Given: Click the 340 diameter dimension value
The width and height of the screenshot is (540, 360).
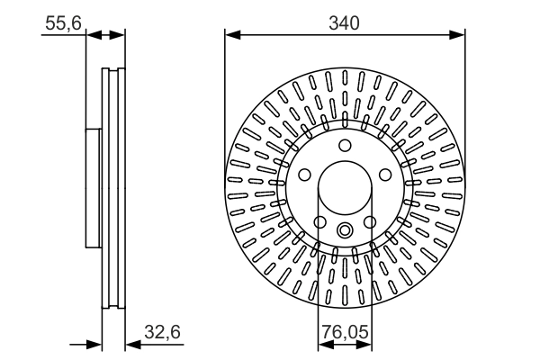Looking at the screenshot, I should click(x=345, y=23).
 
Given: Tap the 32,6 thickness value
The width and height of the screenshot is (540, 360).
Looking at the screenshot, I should click(x=163, y=332).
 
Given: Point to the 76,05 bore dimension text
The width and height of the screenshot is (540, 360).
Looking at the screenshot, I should click(x=345, y=332).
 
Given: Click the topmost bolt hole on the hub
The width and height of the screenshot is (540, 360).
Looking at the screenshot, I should click(x=345, y=146).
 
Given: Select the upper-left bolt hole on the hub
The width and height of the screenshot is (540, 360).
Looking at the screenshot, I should click(x=305, y=175).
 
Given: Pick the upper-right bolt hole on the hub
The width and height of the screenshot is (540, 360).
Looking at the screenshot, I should click(x=384, y=175).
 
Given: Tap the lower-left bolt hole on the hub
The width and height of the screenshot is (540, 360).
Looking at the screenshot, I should click(x=319, y=221).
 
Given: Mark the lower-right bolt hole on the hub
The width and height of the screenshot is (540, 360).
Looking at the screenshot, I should click(x=369, y=221).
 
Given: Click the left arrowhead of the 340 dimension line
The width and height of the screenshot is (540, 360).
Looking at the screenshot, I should click(x=230, y=35).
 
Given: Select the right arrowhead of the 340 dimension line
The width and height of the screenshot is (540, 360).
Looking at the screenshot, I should click(x=459, y=35).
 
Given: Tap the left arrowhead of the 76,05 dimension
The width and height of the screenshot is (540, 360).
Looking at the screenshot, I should click(x=324, y=344).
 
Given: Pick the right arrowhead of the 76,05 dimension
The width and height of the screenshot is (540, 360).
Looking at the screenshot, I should click(x=364, y=344).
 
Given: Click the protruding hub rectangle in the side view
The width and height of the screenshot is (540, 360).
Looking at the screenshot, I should click(x=94, y=188).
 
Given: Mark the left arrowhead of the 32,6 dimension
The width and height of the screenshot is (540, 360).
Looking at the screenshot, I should click(x=94, y=344).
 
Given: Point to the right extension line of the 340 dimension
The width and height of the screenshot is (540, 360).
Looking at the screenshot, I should click(x=465, y=99).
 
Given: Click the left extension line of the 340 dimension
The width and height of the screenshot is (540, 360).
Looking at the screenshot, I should click(x=224, y=99).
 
